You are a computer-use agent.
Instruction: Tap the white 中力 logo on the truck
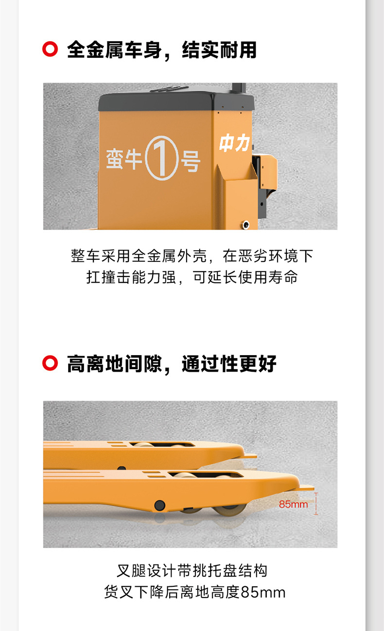tap(234, 143)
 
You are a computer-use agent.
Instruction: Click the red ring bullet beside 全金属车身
tap(50, 50)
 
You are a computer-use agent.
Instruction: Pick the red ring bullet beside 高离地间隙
tap(50, 363)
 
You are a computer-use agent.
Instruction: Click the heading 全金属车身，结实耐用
tap(162, 50)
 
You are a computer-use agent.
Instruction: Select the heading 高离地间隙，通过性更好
tap(172, 363)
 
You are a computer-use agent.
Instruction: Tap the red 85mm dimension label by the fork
tap(293, 504)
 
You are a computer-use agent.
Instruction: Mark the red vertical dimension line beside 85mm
tap(316, 503)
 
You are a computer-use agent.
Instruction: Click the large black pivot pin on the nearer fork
tap(159, 505)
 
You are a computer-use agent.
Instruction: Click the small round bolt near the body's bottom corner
tap(246, 224)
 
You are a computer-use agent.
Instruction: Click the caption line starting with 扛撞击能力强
tap(192, 277)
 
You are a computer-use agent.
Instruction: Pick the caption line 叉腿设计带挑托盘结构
tap(192, 571)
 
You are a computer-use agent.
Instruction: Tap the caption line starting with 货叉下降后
tap(194, 593)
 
